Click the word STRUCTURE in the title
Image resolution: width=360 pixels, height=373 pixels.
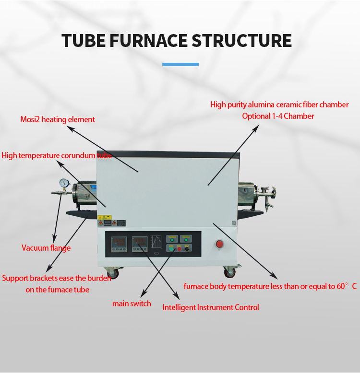pyautogui.click(x=241, y=40)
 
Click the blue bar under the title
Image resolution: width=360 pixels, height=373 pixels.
pyautogui.click(x=180, y=64)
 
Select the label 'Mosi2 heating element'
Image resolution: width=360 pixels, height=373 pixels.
pyautogui.click(x=58, y=119)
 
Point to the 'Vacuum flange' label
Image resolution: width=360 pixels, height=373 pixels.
pyautogui.click(x=46, y=248)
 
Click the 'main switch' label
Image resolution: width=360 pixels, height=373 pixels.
pyautogui.click(x=132, y=303)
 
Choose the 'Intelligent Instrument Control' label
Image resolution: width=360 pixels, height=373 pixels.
pyautogui.click(x=211, y=307)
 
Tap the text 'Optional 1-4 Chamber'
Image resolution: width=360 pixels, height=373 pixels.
pyautogui.click(x=278, y=116)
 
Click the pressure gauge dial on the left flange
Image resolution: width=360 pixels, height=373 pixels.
pyautogui.click(x=63, y=183)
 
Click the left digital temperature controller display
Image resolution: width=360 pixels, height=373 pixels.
pyautogui.click(x=118, y=243)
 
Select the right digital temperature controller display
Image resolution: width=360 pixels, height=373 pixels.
pyautogui.click(x=139, y=243)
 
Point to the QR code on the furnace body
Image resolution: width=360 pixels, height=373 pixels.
pyautogui.click(x=234, y=223)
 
